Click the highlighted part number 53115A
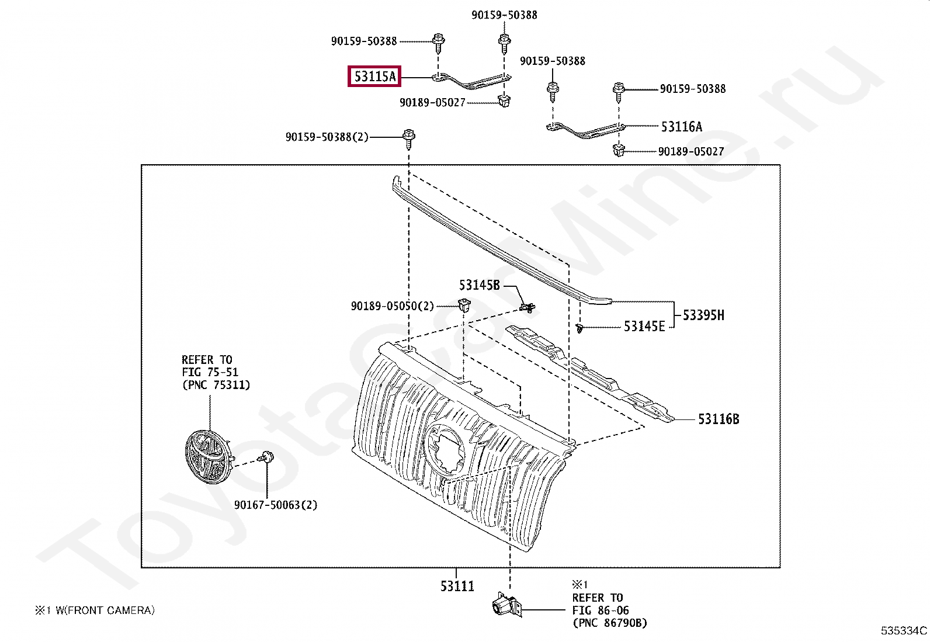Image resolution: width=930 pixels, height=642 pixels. coord(374,76)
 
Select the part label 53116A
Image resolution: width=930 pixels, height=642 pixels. coord(681,126)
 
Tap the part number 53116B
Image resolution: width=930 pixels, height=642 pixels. coord(718,419)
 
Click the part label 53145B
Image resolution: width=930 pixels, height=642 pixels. coord(479,285)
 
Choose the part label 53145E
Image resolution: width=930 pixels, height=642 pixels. coord(644,327)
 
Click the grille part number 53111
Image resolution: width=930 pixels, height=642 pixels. coord(457,586)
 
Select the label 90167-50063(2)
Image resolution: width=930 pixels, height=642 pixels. coord(276,505)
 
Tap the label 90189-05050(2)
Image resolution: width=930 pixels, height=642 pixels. coord(392,306)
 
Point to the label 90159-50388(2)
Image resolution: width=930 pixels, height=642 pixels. coord(327,137)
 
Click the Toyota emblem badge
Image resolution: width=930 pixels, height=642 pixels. coord(206,457)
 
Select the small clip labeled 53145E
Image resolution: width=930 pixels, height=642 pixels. coord(579,328)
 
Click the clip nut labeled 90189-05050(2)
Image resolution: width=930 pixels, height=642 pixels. coord(464,305)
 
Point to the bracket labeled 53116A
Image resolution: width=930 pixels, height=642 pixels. coord(586,130)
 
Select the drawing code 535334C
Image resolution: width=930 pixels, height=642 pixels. coord(903,630)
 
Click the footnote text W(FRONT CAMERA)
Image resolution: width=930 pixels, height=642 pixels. coord(105,610)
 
